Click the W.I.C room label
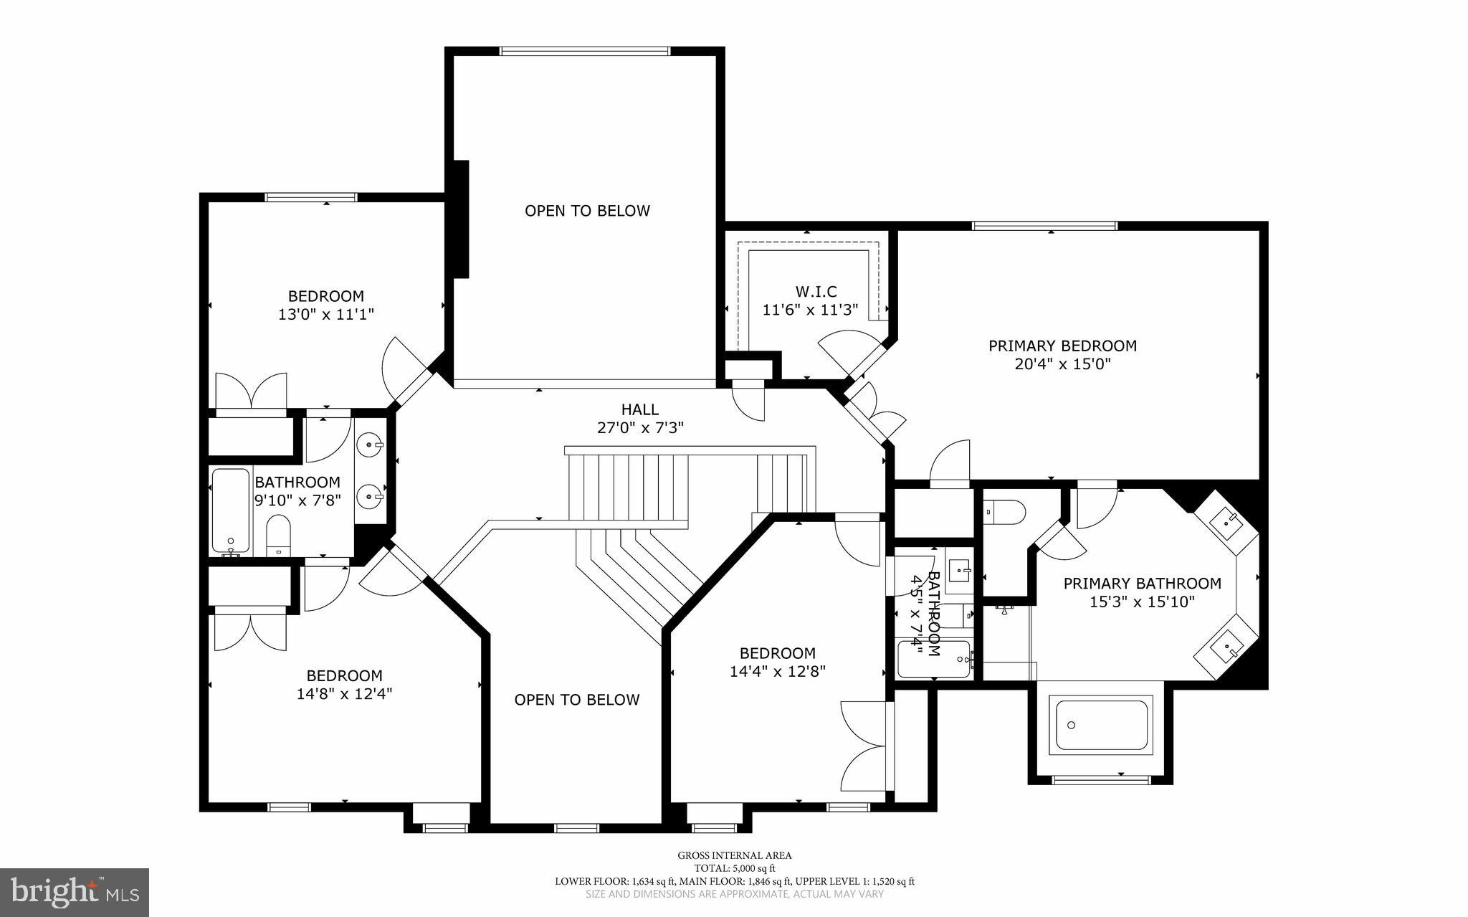coord(816,292)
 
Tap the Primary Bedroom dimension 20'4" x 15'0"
coord(1062,364)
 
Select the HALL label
coord(639,409)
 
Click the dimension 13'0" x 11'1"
coord(326,314)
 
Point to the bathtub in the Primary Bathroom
coord(1101,726)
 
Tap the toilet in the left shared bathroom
coord(277,535)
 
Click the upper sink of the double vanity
coord(371,445)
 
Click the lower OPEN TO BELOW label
coord(576,700)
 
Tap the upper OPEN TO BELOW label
coord(587,211)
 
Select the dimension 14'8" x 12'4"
coord(344,694)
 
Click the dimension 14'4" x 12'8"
coord(778,672)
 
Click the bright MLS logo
coord(74,891)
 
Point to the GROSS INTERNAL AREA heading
coord(735,855)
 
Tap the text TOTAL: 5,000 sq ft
coord(735,868)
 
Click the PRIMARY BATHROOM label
coord(1142,584)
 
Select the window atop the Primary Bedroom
coord(1044,226)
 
